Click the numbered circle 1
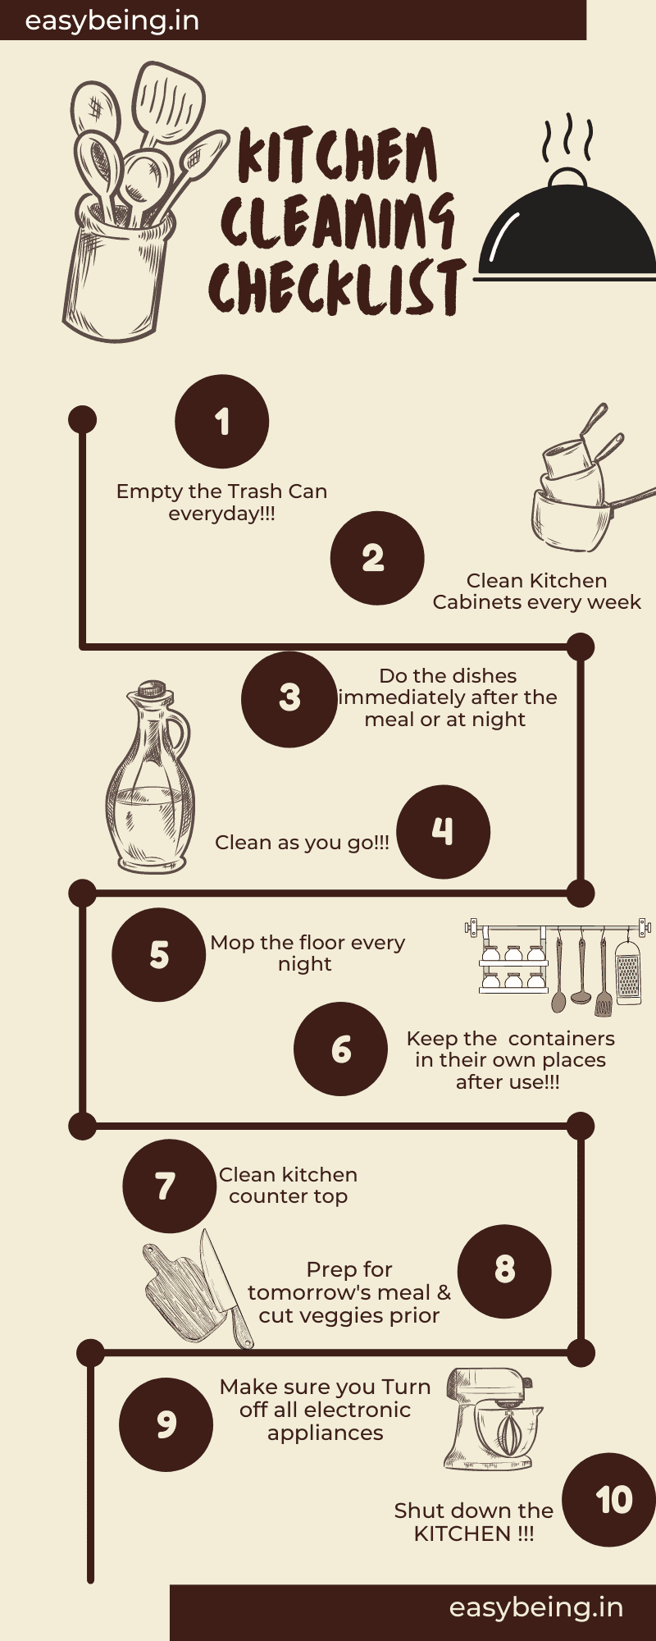(x=221, y=422)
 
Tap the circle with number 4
(x=443, y=832)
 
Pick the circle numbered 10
(x=611, y=1500)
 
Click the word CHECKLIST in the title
(x=337, y=286)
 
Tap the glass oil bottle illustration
(x=148, y=776)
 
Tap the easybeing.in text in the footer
(x=536, y=1607)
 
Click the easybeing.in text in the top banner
(x=112, y=21)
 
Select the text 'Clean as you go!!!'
(x=302, y=843)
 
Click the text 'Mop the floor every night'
(x=307, y=953)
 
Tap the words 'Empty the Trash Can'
(x=221, y=491)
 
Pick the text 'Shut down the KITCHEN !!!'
(x=474, y=1522)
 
